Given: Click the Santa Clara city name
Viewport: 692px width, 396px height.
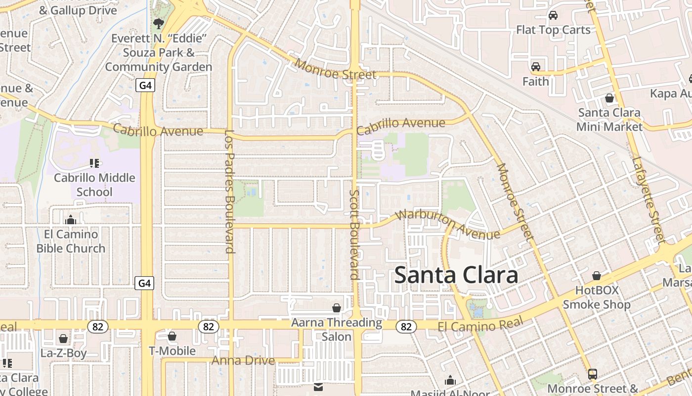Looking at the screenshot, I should coord(456,275).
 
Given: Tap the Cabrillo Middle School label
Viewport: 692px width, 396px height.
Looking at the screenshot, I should coord(94,185).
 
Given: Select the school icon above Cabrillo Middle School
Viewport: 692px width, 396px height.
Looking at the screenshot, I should coord(94,163).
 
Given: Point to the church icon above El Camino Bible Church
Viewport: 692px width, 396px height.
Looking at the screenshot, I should coord(71,219).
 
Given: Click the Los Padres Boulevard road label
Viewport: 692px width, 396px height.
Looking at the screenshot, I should coord(229,191).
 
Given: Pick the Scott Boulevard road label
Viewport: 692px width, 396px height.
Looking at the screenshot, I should coord(354,235).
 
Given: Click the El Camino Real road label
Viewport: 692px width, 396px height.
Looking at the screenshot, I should coord(480,326).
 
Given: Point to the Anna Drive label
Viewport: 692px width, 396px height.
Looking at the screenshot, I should coord(243,360).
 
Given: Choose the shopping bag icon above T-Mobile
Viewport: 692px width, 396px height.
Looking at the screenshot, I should coord(172,337).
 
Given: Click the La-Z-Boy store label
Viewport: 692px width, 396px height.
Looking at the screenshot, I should coord(64,353).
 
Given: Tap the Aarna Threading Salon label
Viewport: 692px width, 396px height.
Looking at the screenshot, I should coord(337,330).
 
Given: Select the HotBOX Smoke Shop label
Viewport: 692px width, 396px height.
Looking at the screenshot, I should coord(597,297).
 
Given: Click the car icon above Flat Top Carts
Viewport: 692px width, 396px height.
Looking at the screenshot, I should coord(553,15).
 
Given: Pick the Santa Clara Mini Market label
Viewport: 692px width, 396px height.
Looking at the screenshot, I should coord(609,119).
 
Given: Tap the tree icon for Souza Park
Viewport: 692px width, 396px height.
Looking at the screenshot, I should coord(159,23).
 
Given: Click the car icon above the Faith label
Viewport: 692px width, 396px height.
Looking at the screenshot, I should coord(536,67).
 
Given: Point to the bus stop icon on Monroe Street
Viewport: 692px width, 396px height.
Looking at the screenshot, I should coord(592,374).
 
